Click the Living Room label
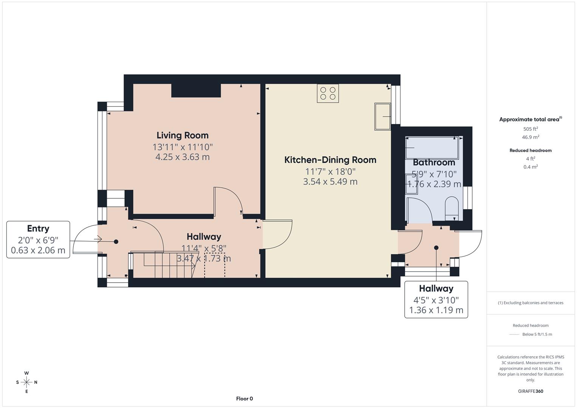coord(183,135)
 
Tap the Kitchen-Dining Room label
coord(330,160)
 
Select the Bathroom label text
coord(434,162)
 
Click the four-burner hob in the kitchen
coord(328,93)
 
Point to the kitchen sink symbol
coord(382,116)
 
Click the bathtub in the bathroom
coord(432,148)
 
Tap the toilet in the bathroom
coord(452,208)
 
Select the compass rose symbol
coord(26,382)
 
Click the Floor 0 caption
coord(244,399)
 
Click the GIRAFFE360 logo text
coord(531,391)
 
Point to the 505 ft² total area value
coord(531,129)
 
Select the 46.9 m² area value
coord(531,137)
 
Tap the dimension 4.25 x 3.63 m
coord(183,157)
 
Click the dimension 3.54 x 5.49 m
coord(330,182)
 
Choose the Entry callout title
coord(38,229)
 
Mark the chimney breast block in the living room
coord(196,90)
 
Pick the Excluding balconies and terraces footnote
coord(531,303)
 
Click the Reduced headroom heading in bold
coord(531,150)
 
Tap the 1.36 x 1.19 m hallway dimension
coord(436,310)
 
